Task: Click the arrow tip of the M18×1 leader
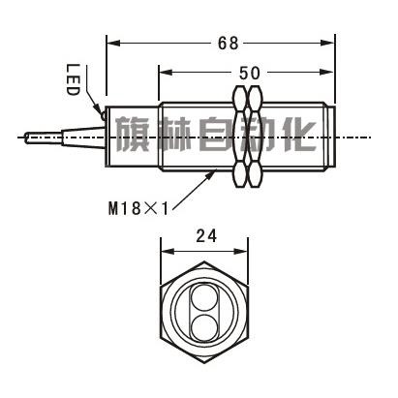(218, 170)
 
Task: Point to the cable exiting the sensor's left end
(39, 138)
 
